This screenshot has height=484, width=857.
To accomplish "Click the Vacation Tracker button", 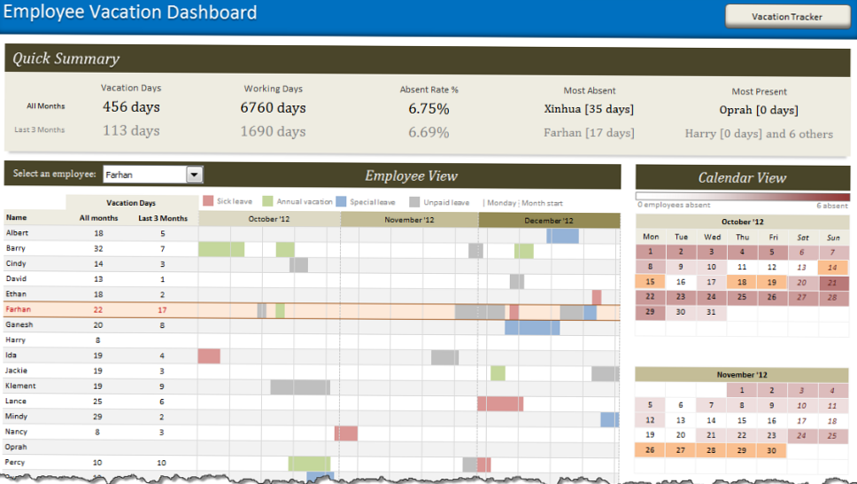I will click(x=786, y=17).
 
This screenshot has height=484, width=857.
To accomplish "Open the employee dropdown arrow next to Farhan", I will click(x=195, y=175).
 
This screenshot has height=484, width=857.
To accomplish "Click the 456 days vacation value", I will click(x=131, y=107).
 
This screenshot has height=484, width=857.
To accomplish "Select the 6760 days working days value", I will click(x=273, y=108).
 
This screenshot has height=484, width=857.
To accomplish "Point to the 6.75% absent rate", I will click(x=428, y=108).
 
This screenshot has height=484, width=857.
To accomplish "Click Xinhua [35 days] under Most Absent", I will click(x=589, y=109).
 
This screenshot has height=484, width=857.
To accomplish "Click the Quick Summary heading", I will click(x=66, y=59).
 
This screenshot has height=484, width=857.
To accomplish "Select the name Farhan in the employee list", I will click(x=19, y=309).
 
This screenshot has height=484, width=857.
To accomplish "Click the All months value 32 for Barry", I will click(x=98, y=249).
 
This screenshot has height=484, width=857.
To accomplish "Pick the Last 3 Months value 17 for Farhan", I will click(x=162, y=309).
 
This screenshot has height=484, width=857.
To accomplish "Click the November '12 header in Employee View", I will click(x=410, y=220).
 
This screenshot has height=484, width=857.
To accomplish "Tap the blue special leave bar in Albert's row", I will click(x=562, y=235).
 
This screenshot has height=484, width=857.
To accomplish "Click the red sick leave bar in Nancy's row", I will click(x=346, y=433).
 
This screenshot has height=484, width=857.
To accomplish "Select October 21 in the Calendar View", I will click(x=831, y=282).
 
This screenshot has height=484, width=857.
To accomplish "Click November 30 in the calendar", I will click(x=770, y=450).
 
